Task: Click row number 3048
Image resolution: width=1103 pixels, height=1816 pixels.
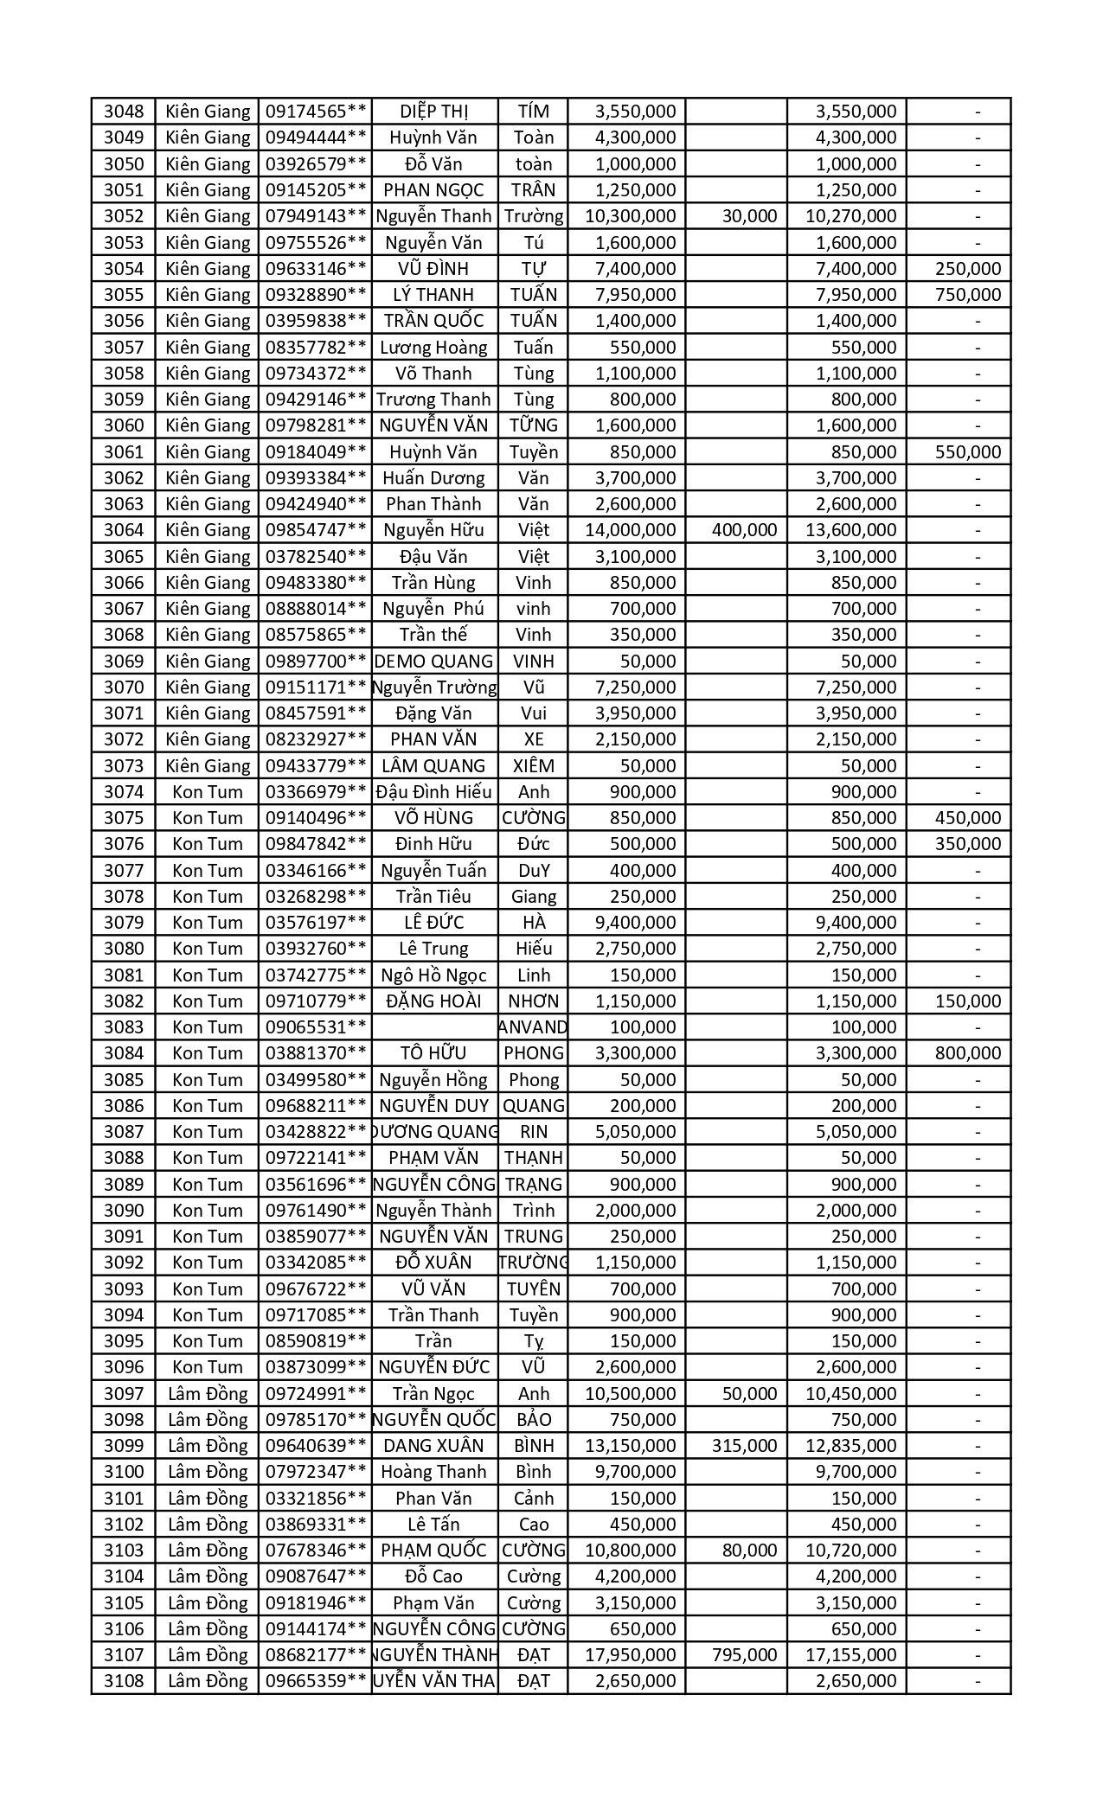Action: tap(124, 112)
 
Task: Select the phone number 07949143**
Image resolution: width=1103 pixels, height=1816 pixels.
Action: tap(316, 216)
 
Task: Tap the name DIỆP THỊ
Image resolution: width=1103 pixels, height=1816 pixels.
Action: tap(434, 112)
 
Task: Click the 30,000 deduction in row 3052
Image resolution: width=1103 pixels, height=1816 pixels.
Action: tap(749, 216)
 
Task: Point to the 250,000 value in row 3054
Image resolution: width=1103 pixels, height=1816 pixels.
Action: tap(968, 269)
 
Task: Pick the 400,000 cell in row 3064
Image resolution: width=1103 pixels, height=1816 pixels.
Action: tap(744, 530)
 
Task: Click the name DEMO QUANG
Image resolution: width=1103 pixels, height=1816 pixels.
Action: tap(434, 662)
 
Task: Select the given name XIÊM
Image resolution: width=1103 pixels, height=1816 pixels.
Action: tap(534, 766)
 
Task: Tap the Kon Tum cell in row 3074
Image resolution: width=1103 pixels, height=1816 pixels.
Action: tap(208, 792)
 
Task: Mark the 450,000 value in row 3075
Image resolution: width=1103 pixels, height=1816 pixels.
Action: tap(968, 818)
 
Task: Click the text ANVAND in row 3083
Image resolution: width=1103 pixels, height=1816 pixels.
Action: tap(534, 1027)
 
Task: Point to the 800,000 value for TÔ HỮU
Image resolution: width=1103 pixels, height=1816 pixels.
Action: tap(968, 1053)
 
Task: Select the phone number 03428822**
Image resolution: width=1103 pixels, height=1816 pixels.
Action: tap(316, 1132)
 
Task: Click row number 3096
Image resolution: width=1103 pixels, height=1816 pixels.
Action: tap(124, 1367)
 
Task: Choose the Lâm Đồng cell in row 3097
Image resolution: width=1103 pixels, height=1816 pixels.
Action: tap(208, 1394)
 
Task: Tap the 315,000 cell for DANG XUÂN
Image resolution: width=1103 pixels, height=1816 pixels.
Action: tap(744, 1446)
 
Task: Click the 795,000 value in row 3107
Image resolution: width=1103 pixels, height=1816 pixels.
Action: tap(744, 1655)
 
